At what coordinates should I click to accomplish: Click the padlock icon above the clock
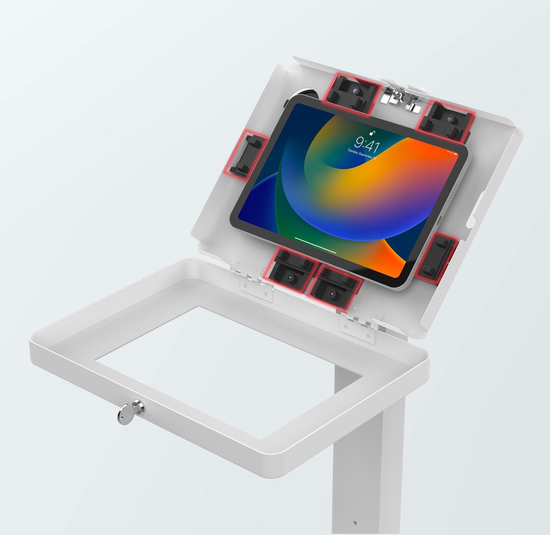pyautogui.click(x=372, y=133)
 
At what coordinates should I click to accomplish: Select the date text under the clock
pyautogui.click(x=362, y=154)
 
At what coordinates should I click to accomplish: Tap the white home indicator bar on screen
pyautogui.click(x=316, y=245)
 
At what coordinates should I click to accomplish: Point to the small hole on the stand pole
pyautogui.click(x=354, y=522)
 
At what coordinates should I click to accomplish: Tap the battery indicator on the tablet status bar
pyautogui.click(x=455, y=153)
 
